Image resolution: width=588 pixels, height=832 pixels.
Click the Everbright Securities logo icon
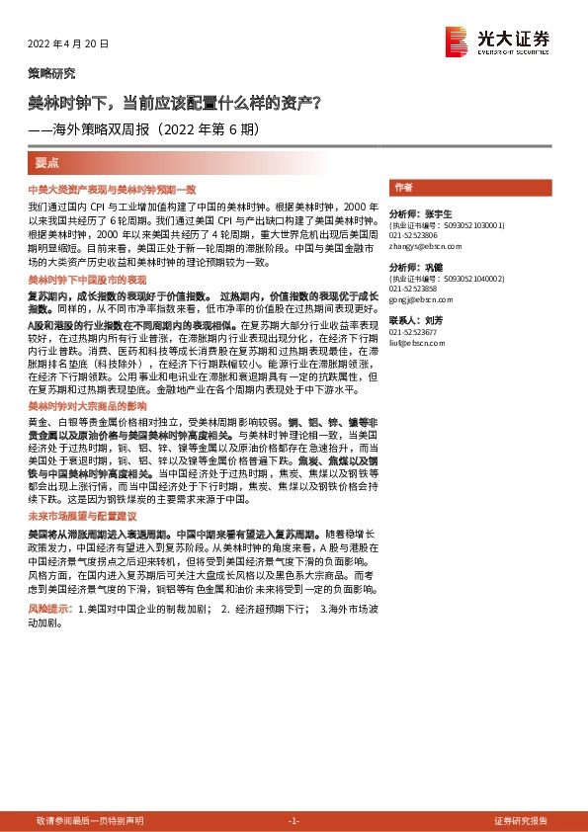pyautogui.click(x=457, y=40)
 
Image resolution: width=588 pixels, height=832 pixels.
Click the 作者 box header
pyautogui.click(x=403, y=187)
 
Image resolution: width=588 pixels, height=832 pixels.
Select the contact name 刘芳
pyautogui.click(x=428, y=321)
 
